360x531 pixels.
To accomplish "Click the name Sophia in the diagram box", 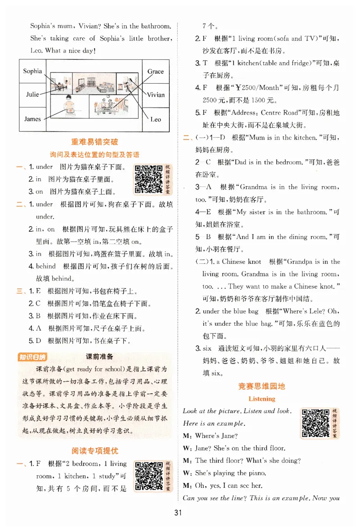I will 32,71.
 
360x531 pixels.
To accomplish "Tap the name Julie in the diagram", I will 32,94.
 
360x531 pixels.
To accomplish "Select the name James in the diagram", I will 32,119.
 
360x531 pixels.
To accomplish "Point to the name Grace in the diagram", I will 156,72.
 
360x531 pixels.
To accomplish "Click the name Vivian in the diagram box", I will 156,94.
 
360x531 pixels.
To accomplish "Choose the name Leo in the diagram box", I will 156,119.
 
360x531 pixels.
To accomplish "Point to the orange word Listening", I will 262,398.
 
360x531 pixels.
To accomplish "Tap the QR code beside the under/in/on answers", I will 149,179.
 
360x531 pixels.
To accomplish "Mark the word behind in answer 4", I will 46,266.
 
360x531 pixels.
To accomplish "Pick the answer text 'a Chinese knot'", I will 241,261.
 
